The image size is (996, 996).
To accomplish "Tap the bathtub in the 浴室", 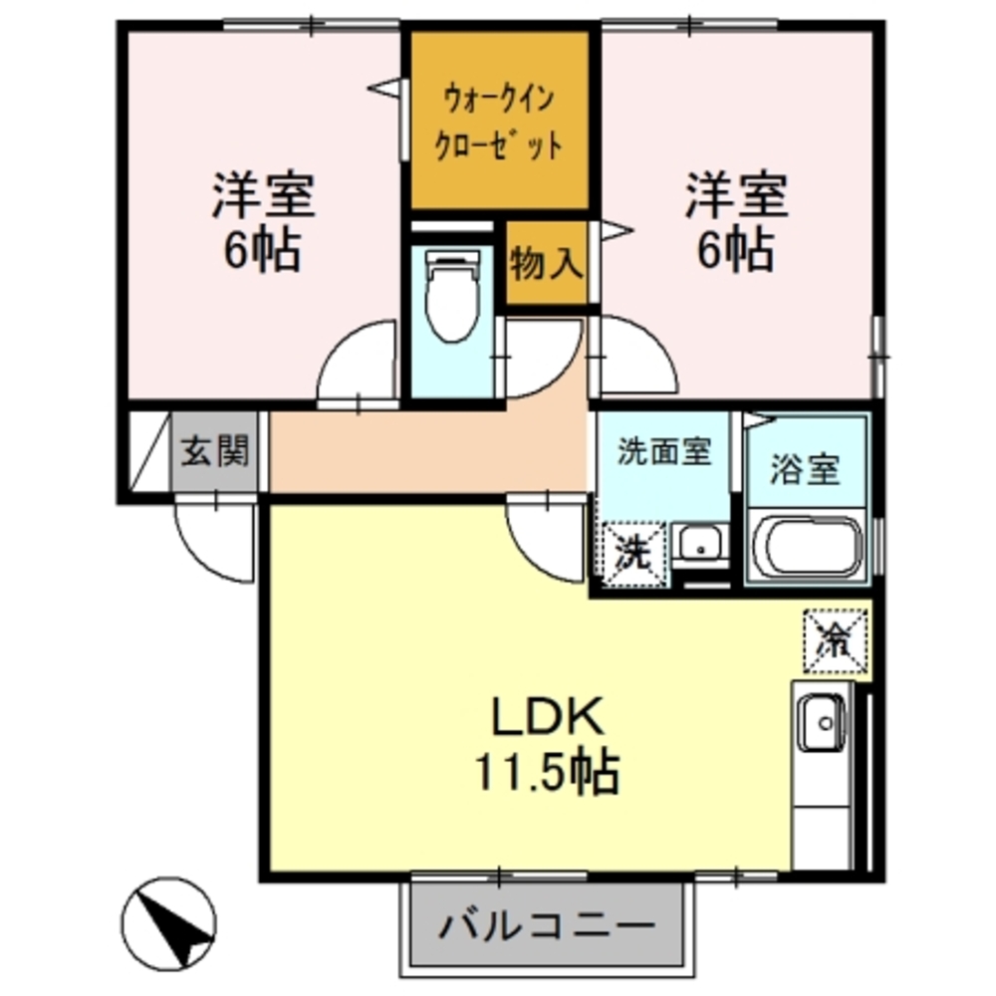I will tap(806, 545).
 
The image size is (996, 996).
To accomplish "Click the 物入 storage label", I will tap(546, 264).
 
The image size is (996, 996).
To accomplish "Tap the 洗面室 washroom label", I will tap(663, 452).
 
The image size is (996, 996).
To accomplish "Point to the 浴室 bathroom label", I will tap(806, 468).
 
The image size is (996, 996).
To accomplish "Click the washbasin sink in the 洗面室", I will tap(700, 545).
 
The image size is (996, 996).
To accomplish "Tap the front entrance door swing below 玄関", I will tap(211, 538).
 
